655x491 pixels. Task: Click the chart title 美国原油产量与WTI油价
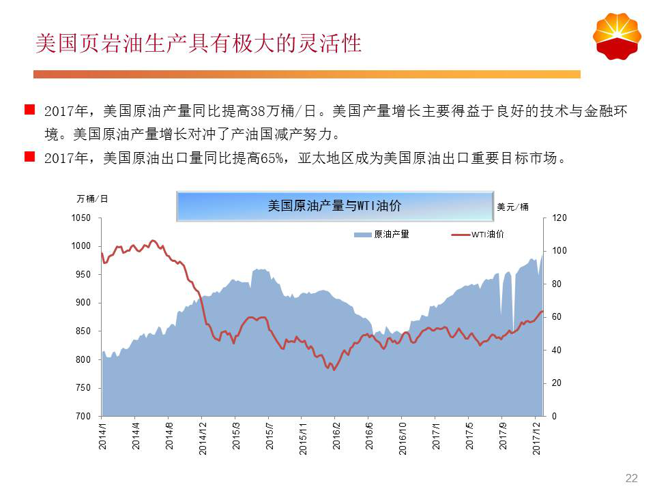(334, 206)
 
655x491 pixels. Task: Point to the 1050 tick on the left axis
(81, 218)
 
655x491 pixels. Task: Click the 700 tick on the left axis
(83, 416)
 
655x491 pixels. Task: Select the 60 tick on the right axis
(557, 317)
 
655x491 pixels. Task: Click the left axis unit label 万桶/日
(92, 199)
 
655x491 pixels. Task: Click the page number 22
(631, 477)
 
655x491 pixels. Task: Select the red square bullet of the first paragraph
(29, 109)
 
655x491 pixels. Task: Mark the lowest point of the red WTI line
(334, 370)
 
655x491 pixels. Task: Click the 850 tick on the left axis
(83, 331)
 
